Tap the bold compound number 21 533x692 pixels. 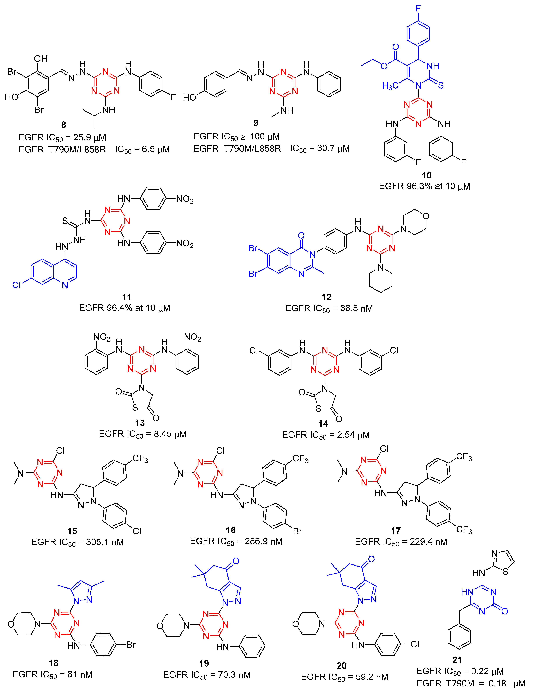457,660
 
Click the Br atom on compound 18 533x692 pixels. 131,645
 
